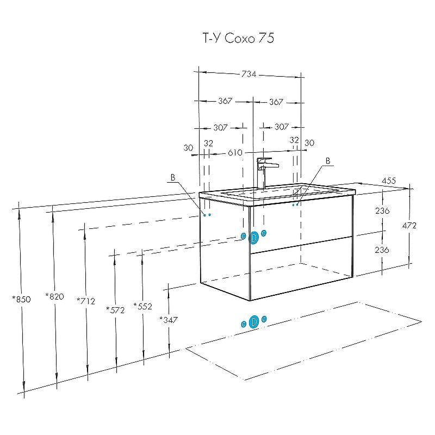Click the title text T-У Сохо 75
239,38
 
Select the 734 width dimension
249,74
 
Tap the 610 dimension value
235,153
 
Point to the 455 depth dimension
389,181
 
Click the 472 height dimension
409,226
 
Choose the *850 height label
21,300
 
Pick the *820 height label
55,296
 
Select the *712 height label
86,301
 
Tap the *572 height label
115,310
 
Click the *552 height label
143,306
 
